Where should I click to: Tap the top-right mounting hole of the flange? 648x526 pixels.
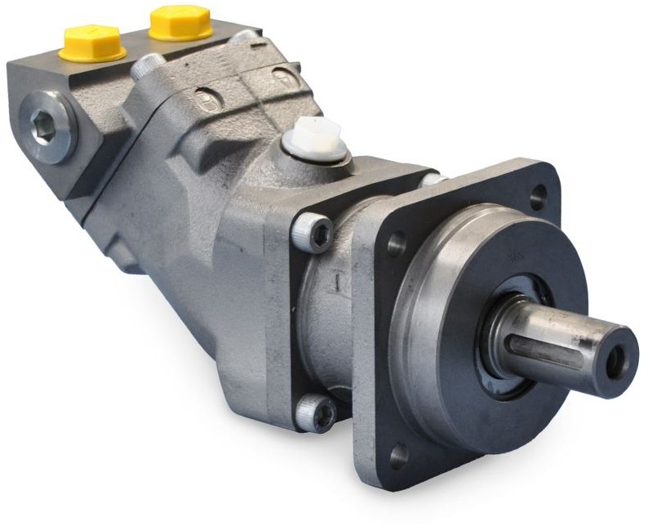pos(538,196)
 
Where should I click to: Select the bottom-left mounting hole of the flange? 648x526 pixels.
pos(398,454)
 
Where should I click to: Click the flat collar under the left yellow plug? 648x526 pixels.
pos(92,55)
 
